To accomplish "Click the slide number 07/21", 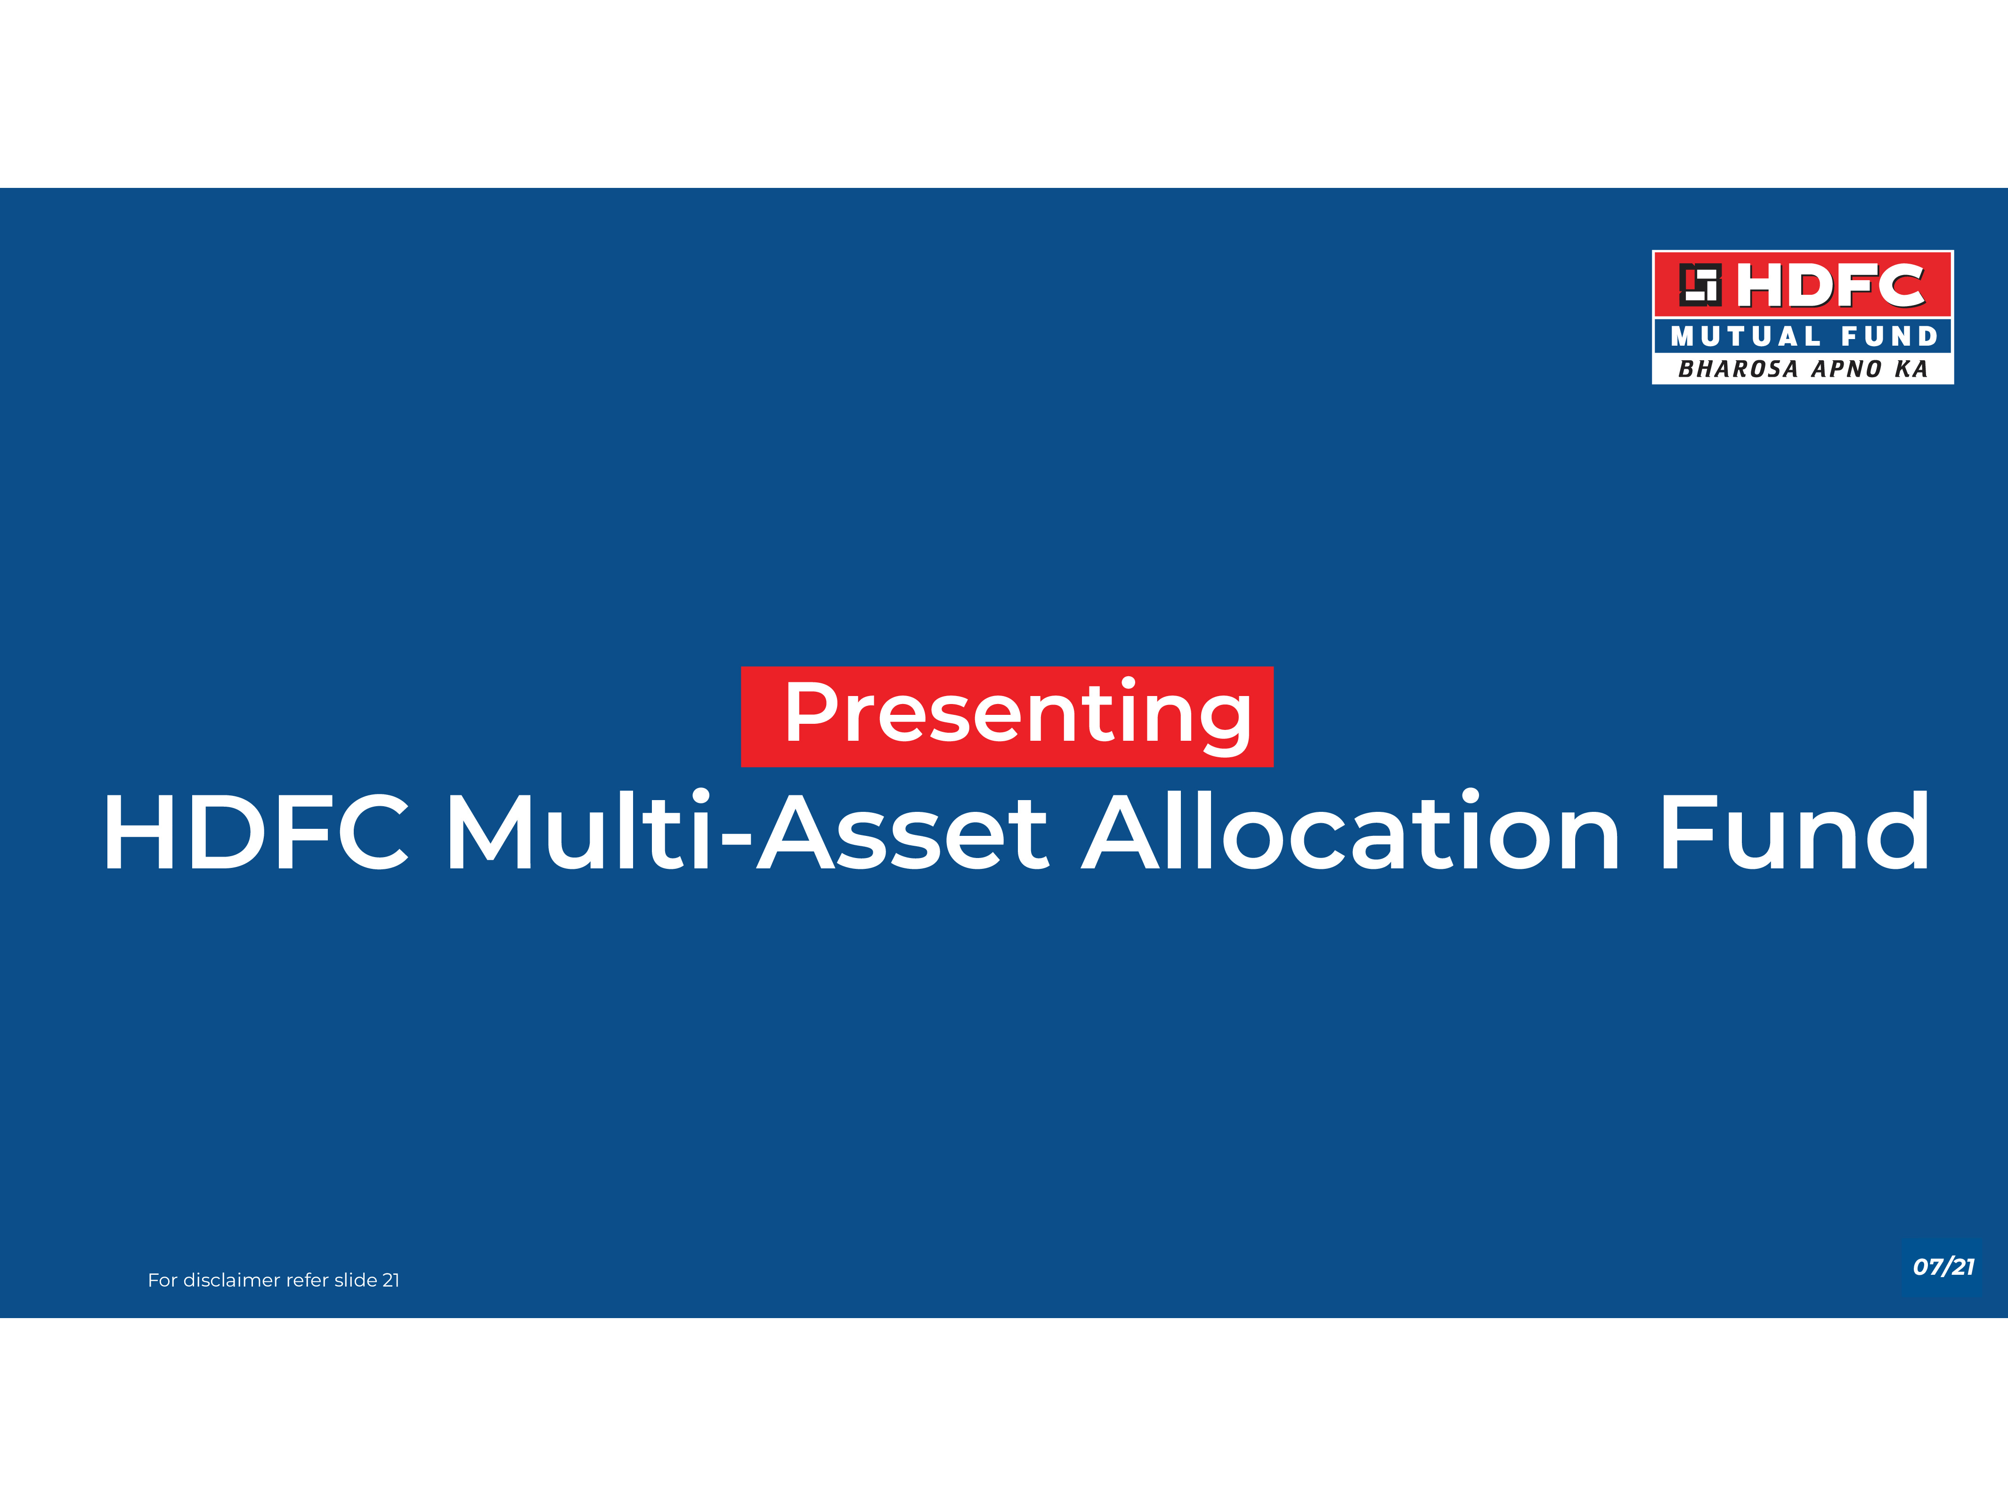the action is (1943, 1266).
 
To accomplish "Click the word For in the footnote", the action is (163, 1280).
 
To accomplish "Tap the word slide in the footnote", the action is (356, 1280).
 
